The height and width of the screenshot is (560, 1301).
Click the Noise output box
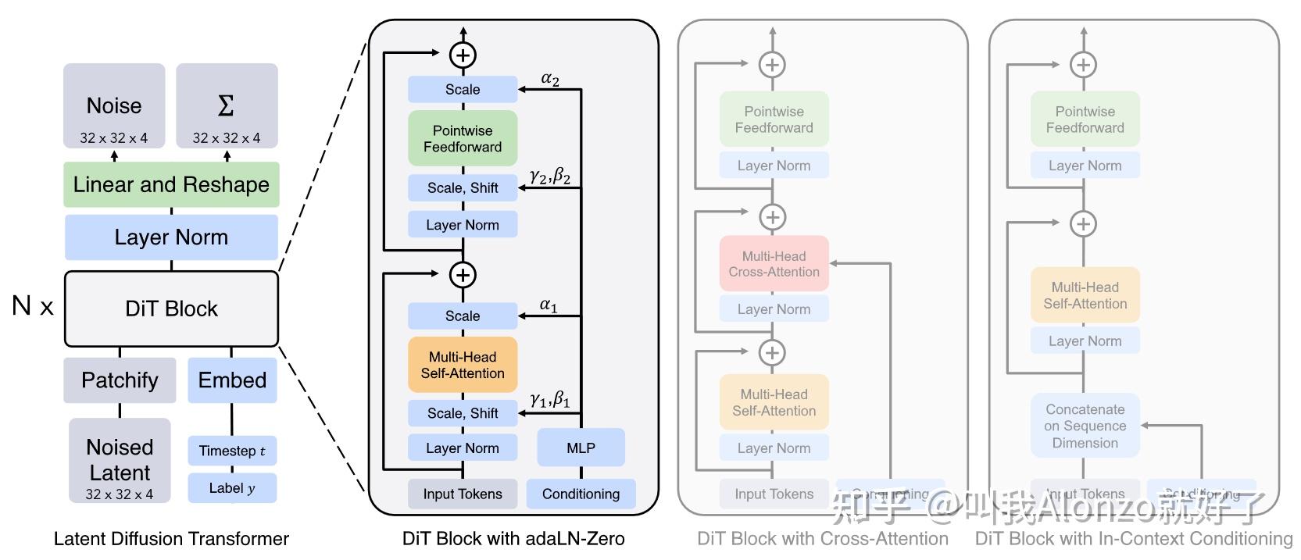pos(114,106)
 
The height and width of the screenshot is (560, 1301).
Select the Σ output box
pos(227,106)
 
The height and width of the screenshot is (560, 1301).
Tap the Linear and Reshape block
pos(171,184)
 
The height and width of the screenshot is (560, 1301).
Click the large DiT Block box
pos(171,309)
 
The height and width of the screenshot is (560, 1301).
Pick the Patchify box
pos(120,380)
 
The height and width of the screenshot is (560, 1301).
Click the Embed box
pos(232,380)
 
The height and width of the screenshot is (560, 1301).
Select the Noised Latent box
pos(120,460)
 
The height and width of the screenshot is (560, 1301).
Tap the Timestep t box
pos(232,451)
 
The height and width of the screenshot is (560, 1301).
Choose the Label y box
pos(232,488)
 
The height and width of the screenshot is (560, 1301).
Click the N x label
pos(33,306)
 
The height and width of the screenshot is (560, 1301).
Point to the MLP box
pos(581,448)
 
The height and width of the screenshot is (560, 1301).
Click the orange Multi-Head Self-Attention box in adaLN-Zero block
pos(463,365)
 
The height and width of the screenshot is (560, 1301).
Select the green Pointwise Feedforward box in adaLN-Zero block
pos(463,138)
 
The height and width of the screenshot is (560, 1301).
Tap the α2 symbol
pos(550,79)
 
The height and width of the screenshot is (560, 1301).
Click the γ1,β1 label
pos(550,400)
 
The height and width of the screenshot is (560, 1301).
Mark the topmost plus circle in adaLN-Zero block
pos(463,55)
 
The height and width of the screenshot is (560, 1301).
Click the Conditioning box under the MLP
pos(581,494)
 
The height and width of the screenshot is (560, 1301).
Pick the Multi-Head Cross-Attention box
pos(774,264)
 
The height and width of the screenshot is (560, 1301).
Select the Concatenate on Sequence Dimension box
pos(1085,426)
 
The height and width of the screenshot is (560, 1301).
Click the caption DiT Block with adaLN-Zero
pos(513,539)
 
